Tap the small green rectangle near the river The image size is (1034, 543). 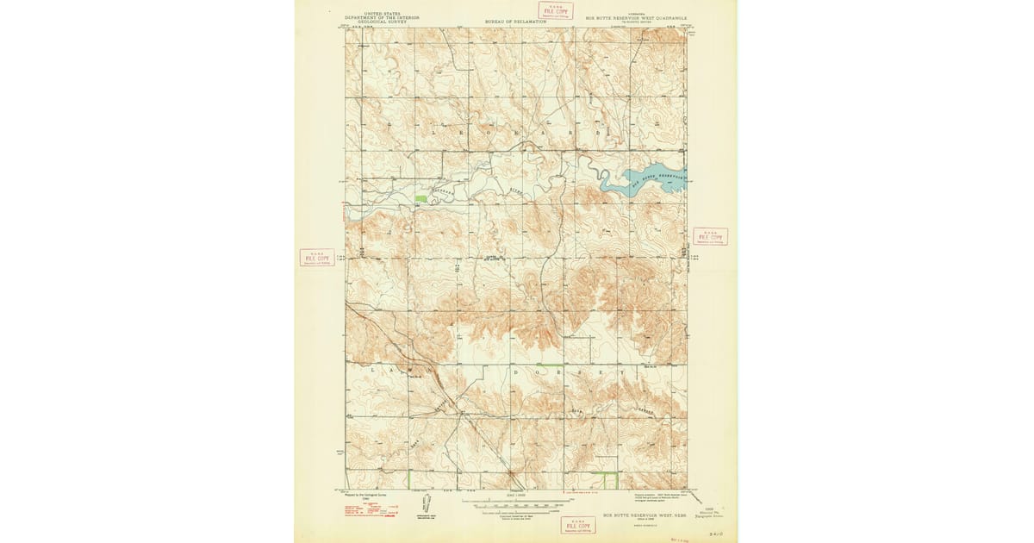(x=420, y=199)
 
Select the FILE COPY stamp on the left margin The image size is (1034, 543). (x=317, y=257)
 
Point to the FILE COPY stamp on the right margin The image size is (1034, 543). (x=710, y=236)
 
